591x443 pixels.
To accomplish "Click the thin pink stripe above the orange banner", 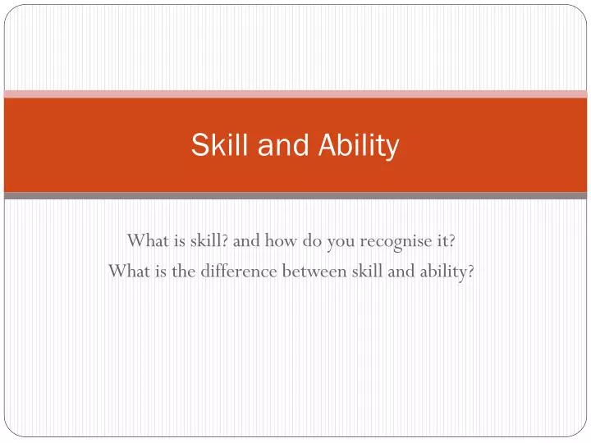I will point(295,94).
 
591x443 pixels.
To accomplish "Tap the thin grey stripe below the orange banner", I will point(295,195).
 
